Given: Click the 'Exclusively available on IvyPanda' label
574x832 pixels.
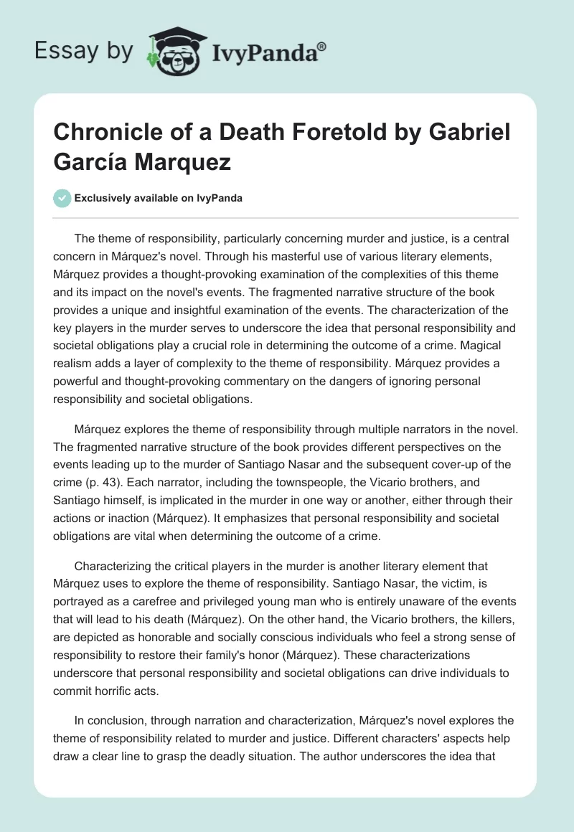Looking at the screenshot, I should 158,198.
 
